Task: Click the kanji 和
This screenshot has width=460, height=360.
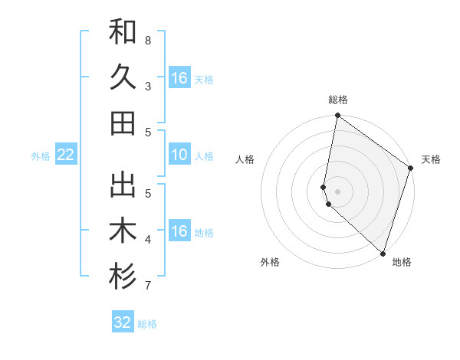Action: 123,33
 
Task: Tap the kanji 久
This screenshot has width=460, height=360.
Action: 123,77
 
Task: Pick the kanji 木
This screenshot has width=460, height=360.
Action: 123,231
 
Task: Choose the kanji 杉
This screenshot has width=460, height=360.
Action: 123,278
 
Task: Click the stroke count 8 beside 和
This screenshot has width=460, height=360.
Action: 147,40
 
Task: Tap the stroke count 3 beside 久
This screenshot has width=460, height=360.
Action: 147,86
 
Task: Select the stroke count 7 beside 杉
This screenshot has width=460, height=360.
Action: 147,286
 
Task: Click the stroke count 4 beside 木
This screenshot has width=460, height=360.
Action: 147,240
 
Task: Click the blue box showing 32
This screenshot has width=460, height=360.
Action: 123,322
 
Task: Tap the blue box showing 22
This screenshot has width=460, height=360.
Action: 65,155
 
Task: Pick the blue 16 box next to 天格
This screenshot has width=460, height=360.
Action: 179,78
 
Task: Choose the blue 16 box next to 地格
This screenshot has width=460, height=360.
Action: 179,231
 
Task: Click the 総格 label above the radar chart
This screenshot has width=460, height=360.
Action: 338,100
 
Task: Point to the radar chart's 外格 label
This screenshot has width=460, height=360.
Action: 270,262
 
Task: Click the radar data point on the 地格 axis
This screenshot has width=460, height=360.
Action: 383,254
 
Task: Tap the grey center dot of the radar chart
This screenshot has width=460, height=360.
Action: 338,191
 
